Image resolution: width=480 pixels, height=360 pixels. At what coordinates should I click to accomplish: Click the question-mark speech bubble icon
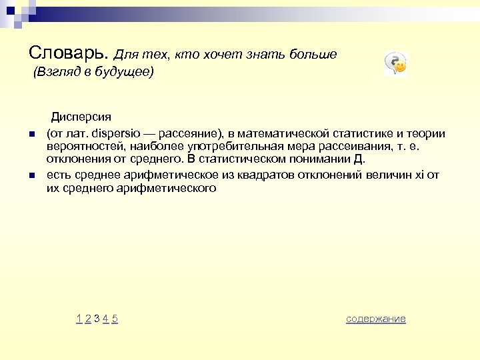[395, 64]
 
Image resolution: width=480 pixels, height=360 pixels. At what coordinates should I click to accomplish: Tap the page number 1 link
[79, 319]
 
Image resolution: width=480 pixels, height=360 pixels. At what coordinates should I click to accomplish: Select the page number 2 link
[88, 319]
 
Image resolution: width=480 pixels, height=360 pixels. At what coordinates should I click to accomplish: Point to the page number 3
[97, 319]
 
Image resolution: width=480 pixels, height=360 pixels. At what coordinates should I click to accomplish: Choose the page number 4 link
[105, 319]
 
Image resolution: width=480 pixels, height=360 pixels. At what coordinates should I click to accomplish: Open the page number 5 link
[115, 319]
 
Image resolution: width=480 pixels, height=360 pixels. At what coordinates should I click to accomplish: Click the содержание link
[375, 319]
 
